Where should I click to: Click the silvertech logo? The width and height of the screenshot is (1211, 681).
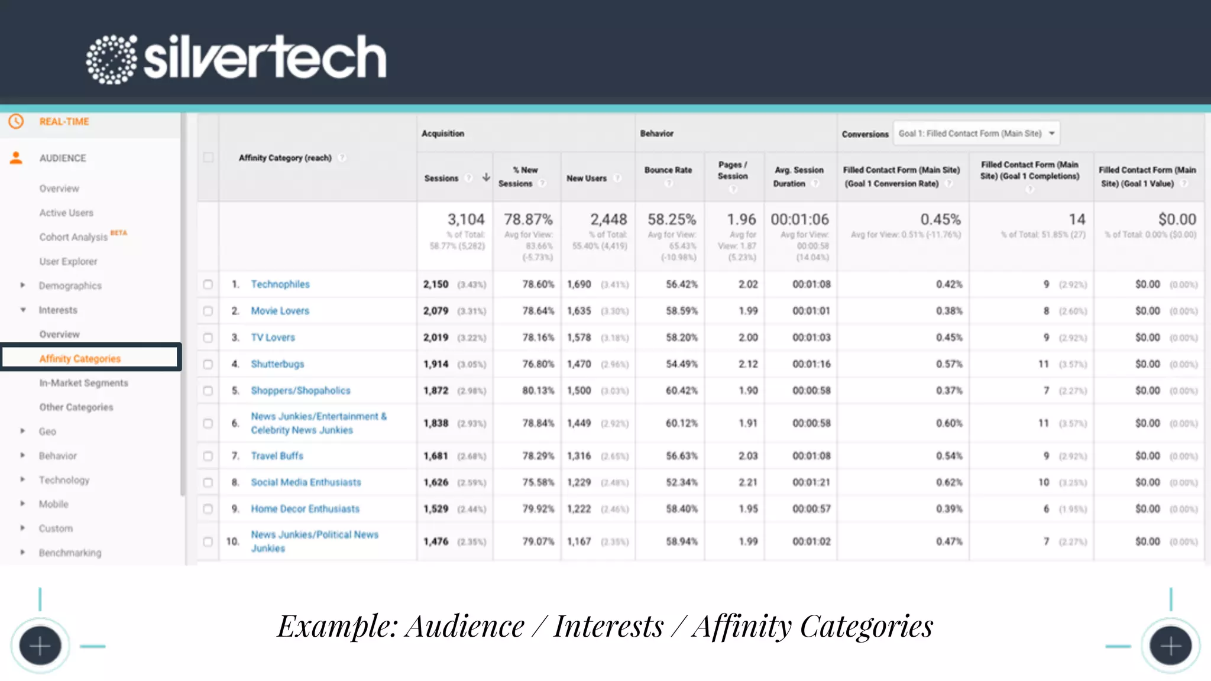click(237, 58)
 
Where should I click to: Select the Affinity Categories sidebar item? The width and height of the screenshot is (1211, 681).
click(80, 358)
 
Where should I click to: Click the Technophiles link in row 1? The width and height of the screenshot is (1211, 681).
click(280, 284)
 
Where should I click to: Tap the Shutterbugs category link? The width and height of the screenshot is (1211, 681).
click(277, 364)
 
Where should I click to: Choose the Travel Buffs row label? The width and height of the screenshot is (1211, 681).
click(277, 456)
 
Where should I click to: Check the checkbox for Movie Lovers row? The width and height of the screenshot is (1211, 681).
click(208, 311)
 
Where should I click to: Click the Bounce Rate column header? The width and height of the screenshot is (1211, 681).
click(668, 170)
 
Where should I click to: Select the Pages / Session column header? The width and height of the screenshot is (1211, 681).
click(733, 170)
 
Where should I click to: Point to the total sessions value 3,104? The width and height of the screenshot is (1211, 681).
click(465, 219)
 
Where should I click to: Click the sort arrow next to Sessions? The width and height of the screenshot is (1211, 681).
click(486, 177)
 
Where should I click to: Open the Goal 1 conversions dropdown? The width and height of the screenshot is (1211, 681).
click(976, 134)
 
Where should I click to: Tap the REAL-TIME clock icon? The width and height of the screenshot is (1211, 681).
click(16, 121)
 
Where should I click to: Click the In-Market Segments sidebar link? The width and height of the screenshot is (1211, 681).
click(83, 383)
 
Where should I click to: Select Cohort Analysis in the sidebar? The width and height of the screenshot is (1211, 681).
click(73, 237)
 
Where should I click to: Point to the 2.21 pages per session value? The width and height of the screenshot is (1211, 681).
click(747, 482)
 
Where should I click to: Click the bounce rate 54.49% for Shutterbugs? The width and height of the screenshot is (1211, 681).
click(681, 364)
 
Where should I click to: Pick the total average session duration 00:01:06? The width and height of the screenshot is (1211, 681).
click(799, 219)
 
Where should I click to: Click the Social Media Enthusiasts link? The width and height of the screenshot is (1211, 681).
click(306, 482)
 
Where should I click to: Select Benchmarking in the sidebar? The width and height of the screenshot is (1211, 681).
click(70, 553)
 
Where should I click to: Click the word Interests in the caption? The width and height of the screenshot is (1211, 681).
click(608, 627)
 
